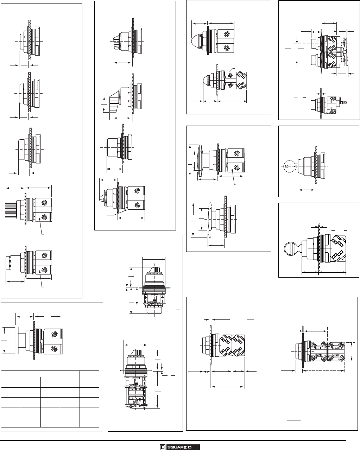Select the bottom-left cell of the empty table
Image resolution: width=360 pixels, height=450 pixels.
pyautogui.click(x=11, y=421)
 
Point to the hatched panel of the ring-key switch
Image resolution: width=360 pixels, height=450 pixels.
pyautogui.click(x=319, y=248)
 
